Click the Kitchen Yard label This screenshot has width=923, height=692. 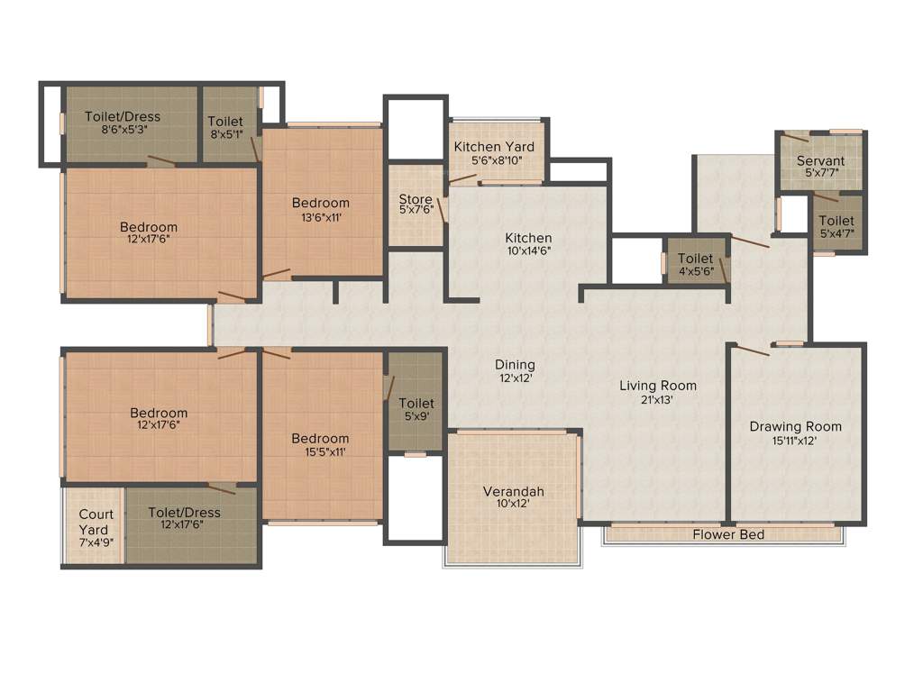(x=494, y=147)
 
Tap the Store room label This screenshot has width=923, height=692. (x=416, y=199)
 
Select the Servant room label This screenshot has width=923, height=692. (x=820, y=161)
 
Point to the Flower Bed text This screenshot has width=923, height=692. (x=728, y=535)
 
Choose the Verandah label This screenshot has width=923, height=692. (x=514, y=491)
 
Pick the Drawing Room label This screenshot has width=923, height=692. (x=795, y=426)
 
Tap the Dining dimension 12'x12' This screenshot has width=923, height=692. (x=515, y=378)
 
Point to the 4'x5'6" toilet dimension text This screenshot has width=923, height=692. (x=695, y=271)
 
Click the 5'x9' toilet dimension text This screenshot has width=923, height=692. (x=416, y=416)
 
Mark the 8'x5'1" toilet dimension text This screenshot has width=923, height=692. (x=224, y=134)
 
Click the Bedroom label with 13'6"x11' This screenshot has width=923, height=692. (x=321, y=203)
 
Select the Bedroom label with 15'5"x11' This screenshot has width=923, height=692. (x=320, y=439)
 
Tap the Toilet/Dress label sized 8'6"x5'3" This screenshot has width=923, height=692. (x=123, y=116)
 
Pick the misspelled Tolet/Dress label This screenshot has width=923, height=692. (x=184, y=512)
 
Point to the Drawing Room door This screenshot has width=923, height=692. (x=752, y=350)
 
